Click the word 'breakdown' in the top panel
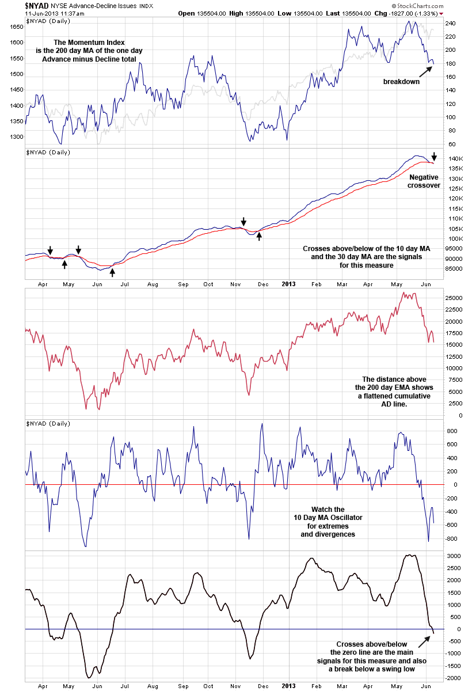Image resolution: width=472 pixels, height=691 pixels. click(x=401, y=82)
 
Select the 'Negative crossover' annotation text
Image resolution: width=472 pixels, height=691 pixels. click(x=425, y=182)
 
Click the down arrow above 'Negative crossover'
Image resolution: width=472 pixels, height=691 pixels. click(x=434, y=157)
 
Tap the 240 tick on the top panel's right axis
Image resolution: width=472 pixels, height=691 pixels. click(x=450, y=24)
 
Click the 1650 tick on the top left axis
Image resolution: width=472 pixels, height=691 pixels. click(x=17, y=26)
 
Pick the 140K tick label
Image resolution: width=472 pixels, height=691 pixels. click(x=454, y=158)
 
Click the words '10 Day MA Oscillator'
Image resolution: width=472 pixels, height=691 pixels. click(x=328, y=518)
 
